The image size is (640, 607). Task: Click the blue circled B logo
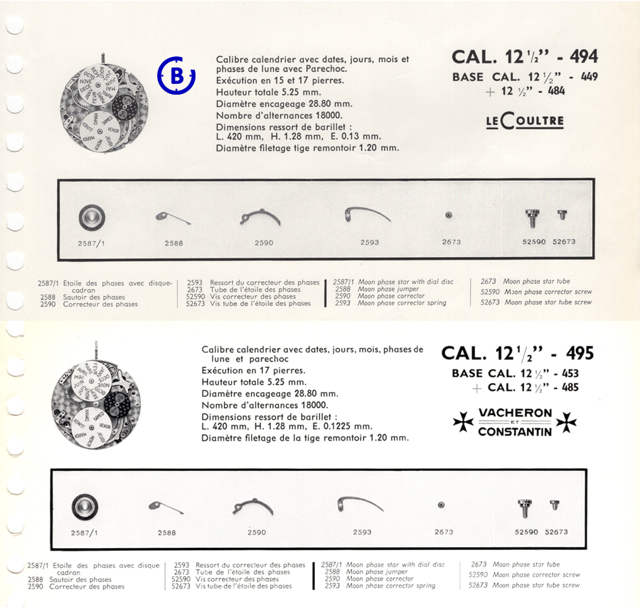(x=176, y=75)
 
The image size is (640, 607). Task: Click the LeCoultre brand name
(x=525, y=121)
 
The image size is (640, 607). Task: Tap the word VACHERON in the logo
(x=515, y=413)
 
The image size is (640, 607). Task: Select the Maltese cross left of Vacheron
(x=463, y=422)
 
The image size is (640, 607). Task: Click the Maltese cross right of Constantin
(x=567, y=423)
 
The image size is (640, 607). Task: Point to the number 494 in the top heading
(x=584, y=56)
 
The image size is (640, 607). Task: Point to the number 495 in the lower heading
(x=580, y=353)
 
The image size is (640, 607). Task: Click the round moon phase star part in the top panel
(x=92, y=217)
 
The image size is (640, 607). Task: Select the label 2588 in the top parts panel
(x=174, y=243)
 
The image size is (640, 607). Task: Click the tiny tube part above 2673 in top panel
(x=449, y=216)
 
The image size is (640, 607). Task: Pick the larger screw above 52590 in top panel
(x=532, y=218)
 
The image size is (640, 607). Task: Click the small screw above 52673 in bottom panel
(x=554, y=505)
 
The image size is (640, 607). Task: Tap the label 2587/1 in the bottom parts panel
(x=84, y=533)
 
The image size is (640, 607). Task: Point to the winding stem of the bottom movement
(x=96, y=352)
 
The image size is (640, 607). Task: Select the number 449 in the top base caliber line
(x=589, y=76)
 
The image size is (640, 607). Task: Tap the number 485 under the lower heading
(x=570, y=387)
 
